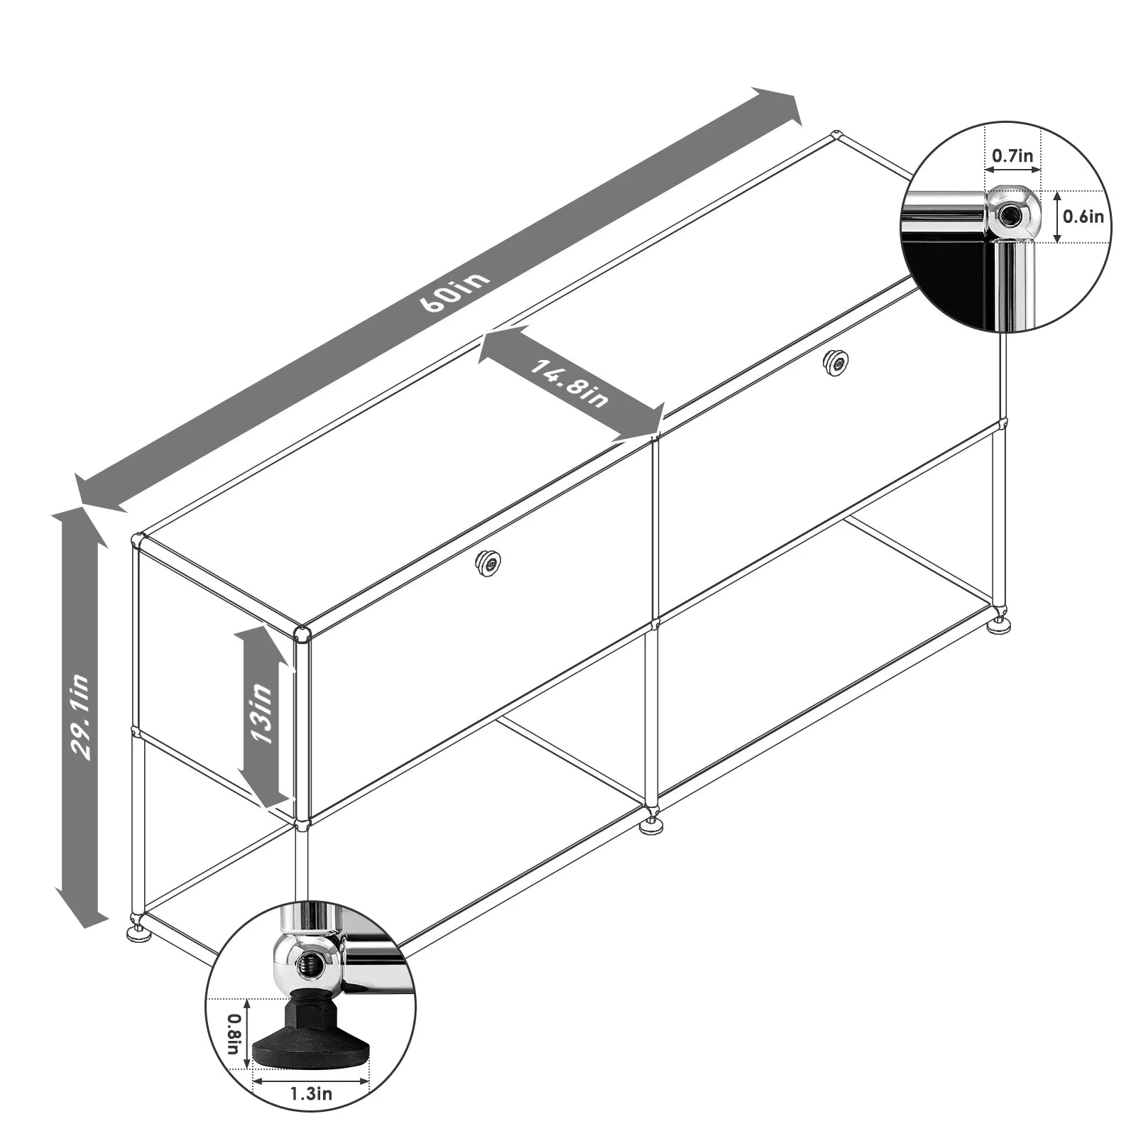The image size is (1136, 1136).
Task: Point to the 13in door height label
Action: [260, 713]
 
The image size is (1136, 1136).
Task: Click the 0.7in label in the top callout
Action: [1012, 155]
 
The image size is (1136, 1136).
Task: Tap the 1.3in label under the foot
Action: [311, 1093]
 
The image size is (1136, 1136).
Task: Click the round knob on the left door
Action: [488, 562]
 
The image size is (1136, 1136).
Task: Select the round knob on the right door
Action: [836, 363]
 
